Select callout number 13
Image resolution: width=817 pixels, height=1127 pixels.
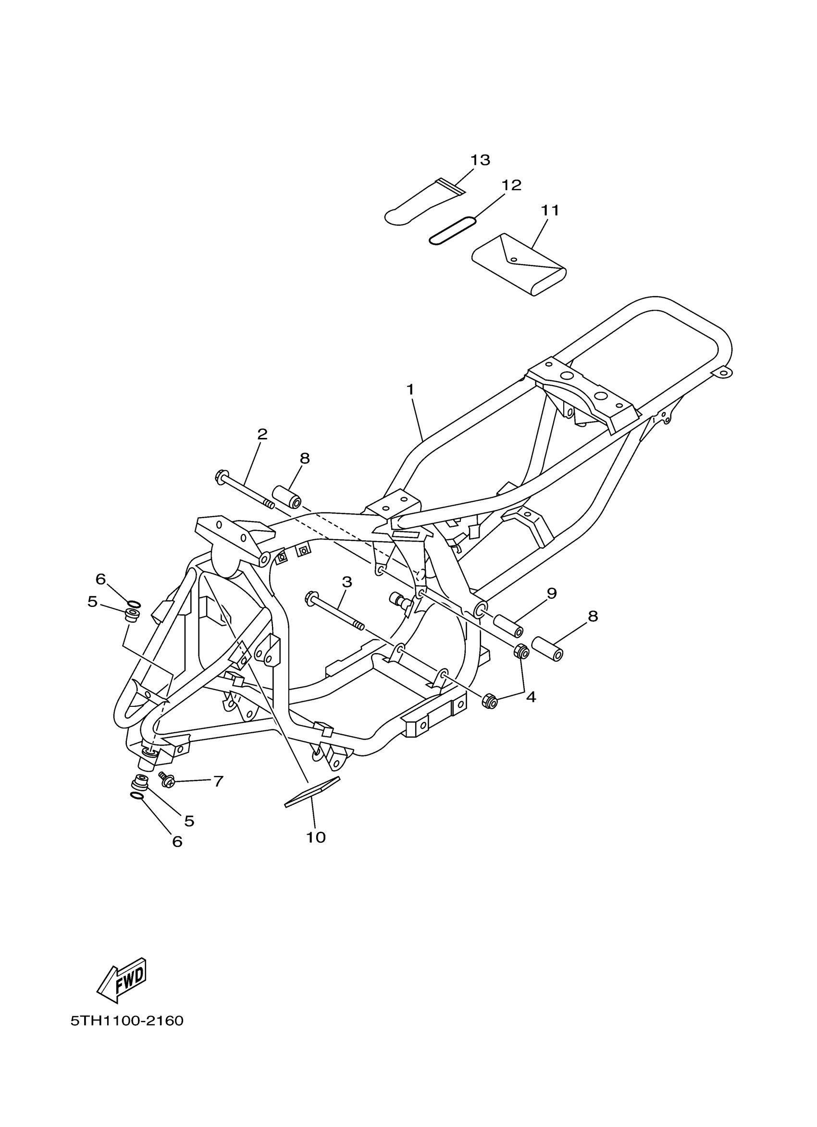click(x=481, y=160)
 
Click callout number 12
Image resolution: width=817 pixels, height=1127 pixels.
click(x=511, y=186)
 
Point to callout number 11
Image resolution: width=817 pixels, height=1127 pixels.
click(x=550, y=211)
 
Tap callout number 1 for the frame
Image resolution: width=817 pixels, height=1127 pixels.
click(x=410, y=390)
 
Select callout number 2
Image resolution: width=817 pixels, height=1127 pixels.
click(x=262, y=434)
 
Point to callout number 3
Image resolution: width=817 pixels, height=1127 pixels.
click(x=347, y=582)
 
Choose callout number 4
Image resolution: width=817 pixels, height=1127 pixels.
click(x=531, y=697)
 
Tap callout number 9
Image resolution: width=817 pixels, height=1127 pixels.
click(x=551, y=594)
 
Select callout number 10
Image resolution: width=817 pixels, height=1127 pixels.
click(x=316, y=838)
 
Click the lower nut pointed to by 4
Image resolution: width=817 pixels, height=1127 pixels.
click(x=490, y=701)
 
